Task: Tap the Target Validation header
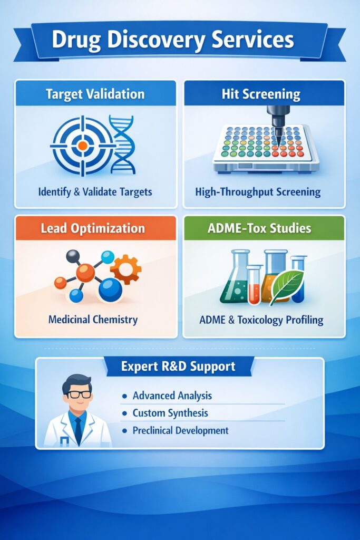click(95, 94)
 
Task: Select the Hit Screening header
click(264, 94)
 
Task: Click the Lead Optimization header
click(93, 229)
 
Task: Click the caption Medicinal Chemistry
click(93, 320)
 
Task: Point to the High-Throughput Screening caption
click(258, 192)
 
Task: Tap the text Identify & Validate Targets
click(95, 192)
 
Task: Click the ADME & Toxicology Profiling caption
click(261, 320)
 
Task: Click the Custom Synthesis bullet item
click(170, 412)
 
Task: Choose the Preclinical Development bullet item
click(180, 430)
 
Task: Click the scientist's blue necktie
click(77, 429)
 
